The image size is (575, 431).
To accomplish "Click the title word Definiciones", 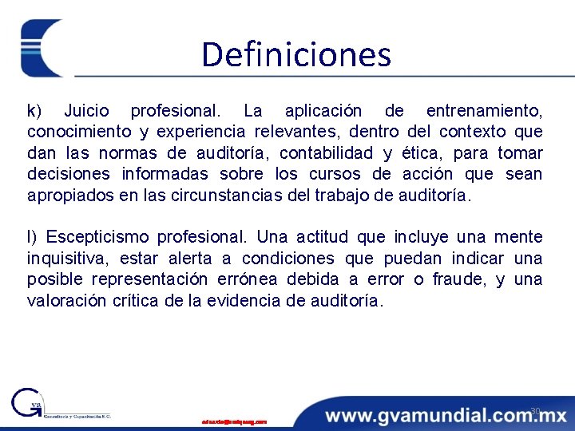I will click(296, 54).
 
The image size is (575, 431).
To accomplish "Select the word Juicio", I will click(88, 110).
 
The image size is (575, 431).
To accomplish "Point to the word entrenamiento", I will click(484, 110).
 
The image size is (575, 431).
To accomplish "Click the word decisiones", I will click(69, 174).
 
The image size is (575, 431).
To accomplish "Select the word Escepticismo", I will click(97, 237).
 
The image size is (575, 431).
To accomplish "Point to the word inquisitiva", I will click(69, 259).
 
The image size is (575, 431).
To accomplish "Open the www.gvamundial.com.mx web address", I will click(445, 415).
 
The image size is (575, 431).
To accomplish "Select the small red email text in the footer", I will click(234, 421).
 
